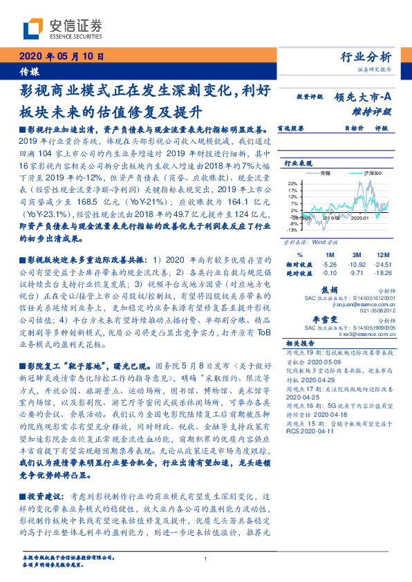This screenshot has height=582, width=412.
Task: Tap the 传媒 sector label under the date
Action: point(29,72)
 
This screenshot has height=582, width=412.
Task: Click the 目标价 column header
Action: point(335,128)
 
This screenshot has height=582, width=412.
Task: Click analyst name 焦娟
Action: point(330,271)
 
